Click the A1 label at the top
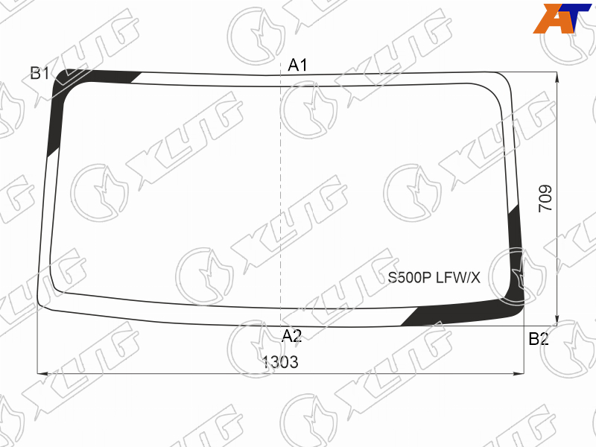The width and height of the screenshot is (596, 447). [297, 66]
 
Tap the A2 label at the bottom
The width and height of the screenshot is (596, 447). [292, 336]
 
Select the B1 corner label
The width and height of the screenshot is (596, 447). [39, 73]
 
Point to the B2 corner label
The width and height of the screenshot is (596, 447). [539, 339]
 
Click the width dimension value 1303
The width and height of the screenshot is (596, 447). [280, 362]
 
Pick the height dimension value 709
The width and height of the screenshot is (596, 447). [545, 198]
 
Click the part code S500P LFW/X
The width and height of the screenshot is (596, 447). [434, 278]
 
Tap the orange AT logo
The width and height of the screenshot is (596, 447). [562, 18]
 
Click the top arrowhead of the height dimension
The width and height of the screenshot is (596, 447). [557, 77]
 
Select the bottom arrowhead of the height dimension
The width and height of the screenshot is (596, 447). [557, 320]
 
